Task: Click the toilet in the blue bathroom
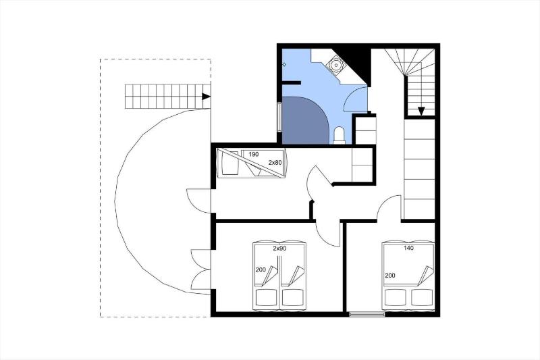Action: point(340,135)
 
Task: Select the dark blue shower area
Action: point(304,120)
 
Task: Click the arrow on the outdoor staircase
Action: point(206,97)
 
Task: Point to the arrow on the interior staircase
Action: point(421,111)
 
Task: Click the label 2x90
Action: point(279,249)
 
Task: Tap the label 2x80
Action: point(275,162)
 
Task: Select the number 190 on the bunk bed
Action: point(253,155)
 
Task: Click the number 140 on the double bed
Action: point(408,248)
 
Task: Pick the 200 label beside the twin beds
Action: point(261,269)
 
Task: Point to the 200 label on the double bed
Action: point(390,276)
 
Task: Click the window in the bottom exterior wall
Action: point(367,314)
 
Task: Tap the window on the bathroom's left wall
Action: point(279,117)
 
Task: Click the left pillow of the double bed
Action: point(396,297)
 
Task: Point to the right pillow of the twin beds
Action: point(293,297)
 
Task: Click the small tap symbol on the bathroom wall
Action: point(284,64)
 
